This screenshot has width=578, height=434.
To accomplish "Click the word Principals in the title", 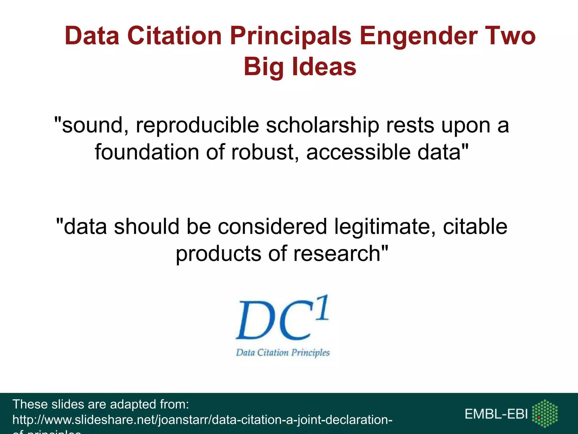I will pyautogui.click(x=290, y=36).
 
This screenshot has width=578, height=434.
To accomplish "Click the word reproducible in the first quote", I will pyautogui.click(x=197, y=125).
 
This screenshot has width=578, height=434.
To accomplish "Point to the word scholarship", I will pyautogui.click(x=322, y=125).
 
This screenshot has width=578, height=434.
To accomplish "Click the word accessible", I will pyautogui.click(x=358, y=152).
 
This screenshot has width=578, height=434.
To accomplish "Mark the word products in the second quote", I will pyautogui.click(x=218, y=253).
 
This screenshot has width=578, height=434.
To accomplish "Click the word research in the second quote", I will pyautogui.click(x=337, y=253).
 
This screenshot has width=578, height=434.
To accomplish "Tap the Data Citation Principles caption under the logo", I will pyautogui.click(x=283, y=353).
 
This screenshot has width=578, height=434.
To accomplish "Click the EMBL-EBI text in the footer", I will pyautogui.click(x=496, y=414).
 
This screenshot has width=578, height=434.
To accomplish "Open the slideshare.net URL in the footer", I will pyautogui.click(x=202, y=420).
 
